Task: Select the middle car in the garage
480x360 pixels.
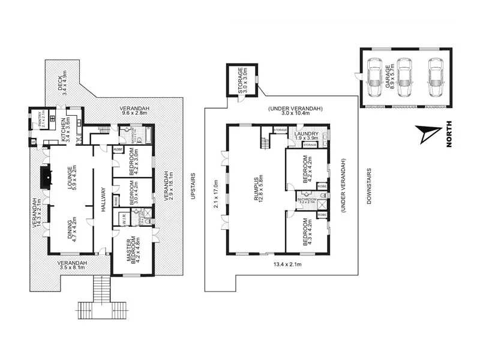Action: coord(404,77)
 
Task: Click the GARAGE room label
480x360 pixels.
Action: coord(389,77)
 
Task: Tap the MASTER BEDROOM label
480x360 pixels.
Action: coord(133,250)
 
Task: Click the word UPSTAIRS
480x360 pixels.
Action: coord(193,187)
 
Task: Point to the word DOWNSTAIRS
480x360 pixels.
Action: coord(369,186)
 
